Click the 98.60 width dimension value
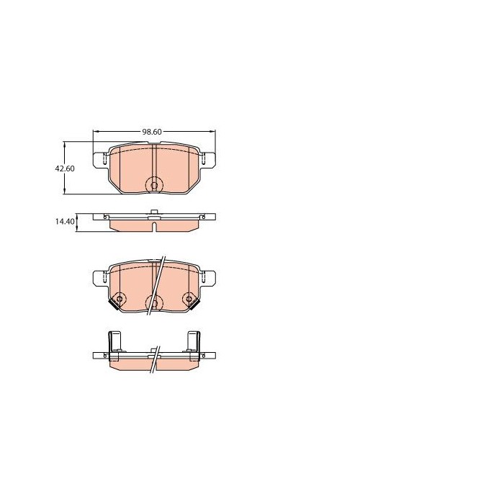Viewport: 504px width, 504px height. tap(151, 132)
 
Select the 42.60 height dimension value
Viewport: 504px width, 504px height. tap(66, 168)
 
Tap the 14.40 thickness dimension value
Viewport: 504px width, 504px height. tap(66, 222)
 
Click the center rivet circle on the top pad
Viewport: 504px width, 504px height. tap(153, 184)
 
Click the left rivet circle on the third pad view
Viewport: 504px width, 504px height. tap(120, 299)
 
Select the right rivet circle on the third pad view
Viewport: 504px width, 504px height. tap(189, 299)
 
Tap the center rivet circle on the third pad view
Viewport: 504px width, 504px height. tap(153, 302)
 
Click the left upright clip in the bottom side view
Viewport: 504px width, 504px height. tap(114, 343)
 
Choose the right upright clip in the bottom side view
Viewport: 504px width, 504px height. tap(194, 343)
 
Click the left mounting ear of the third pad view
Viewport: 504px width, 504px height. tap(100, 276)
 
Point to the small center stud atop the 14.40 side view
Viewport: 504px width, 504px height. tap(154, 212)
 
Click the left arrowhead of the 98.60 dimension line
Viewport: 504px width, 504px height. tap(96, 132)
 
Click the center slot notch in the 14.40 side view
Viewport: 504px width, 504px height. tap(154, 225)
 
